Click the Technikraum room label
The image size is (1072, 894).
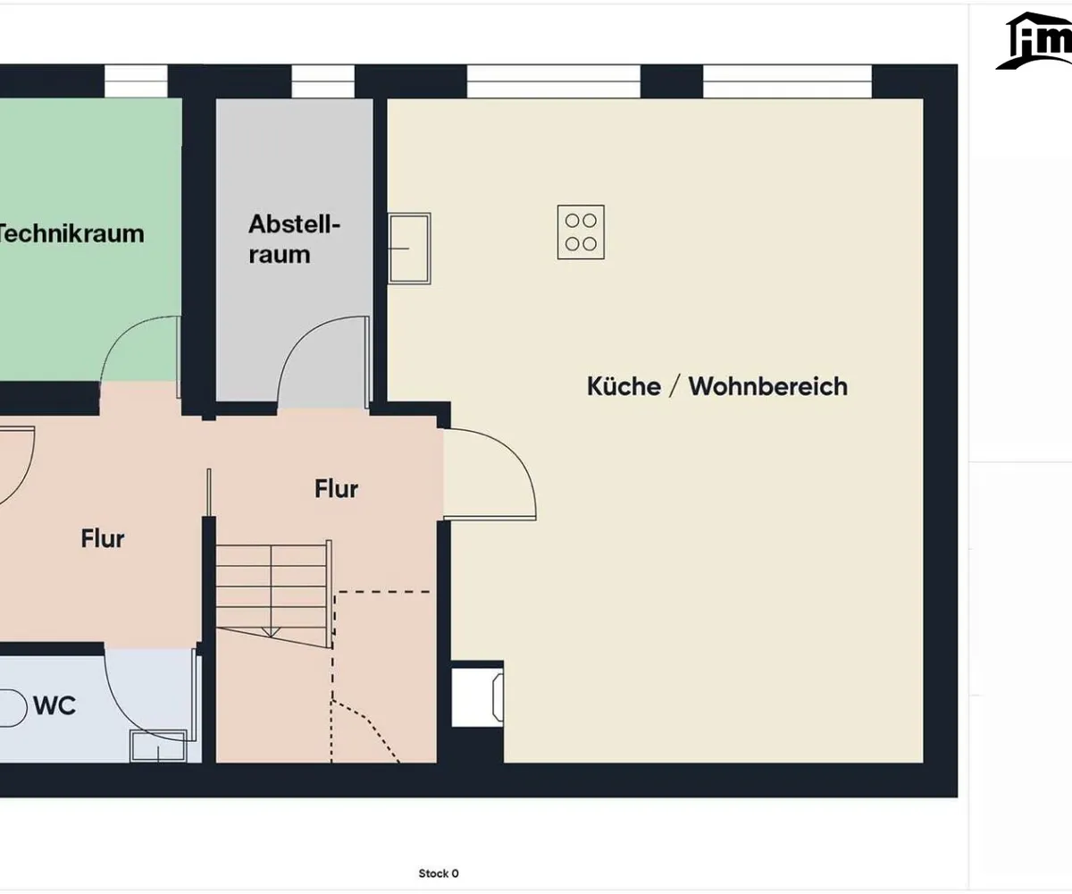(71, 233)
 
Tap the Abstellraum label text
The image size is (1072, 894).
(294, 240)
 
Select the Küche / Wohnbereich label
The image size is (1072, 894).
(717, 386)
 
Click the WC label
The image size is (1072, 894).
(54, 705)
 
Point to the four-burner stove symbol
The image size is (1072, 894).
(581, 232)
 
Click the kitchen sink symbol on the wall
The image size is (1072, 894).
(409, 249)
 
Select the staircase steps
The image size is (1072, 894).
(273, 594)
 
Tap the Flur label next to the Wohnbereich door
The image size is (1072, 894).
(336, 489)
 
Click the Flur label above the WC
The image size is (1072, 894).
(103, 538)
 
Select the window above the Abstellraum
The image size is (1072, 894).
(322, 81)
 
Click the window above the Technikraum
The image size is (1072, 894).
(136, 81)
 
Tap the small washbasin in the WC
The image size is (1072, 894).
(158, 746)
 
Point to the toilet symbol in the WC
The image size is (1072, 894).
(13, 709)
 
